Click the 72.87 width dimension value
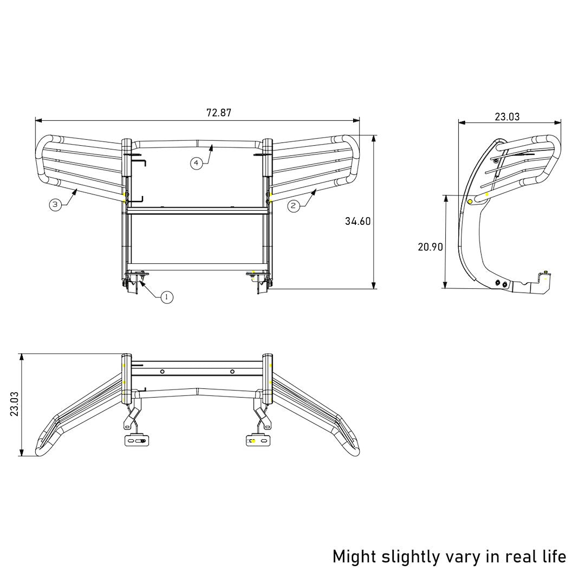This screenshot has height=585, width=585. coord(219,113)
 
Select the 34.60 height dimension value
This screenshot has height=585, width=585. coord(357,221)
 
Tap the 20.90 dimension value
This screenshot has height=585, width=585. coord(431,247)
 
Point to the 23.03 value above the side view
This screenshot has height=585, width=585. coord(507,116)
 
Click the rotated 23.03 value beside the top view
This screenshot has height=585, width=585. coord(15,405)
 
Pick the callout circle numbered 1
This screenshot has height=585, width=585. coord(167,297)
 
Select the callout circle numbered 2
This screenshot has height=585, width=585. coord(294,205)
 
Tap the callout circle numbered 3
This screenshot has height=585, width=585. coord(55,204)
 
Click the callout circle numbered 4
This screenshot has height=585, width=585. coord(196,162)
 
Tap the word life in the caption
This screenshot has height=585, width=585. coord(552,556)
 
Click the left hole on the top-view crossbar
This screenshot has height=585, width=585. coord(162,372)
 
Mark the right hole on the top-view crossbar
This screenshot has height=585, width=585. coord(232,372)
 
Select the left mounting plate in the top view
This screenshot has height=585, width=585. coord(136,441)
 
